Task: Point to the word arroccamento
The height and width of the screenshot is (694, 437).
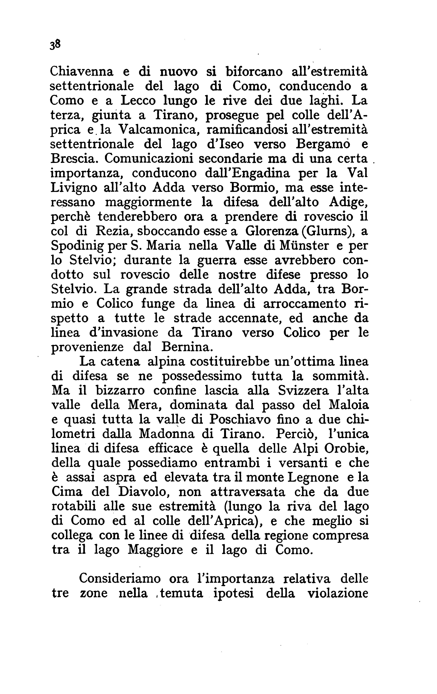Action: tap(301, 304)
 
